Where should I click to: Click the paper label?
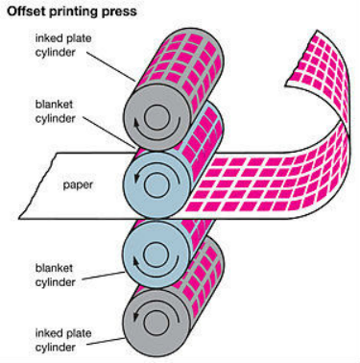point(78,185)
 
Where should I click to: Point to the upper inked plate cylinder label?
point(63,45)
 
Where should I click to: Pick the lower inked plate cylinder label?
point(63,340)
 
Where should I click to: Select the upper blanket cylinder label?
point(55,111)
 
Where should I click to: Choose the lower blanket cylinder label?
point(55,275)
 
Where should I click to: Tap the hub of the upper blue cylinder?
point(156,184)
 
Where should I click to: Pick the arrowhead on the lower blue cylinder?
point(136,262)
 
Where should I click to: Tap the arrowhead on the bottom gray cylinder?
point(136,316)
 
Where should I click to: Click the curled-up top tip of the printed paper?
point(318,31)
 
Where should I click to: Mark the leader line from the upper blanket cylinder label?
point(109,133)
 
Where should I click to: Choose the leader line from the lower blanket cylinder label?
point(103,276)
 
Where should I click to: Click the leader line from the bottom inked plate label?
point(106,342)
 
